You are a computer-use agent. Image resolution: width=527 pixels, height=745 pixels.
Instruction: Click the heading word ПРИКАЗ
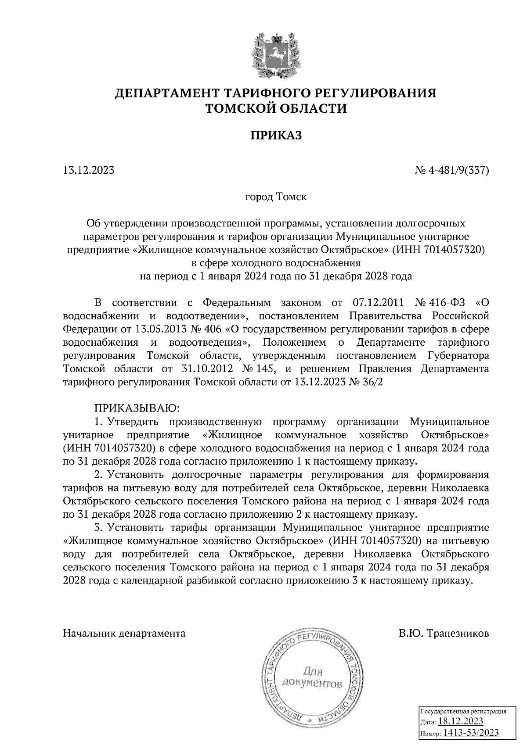click(276, 136)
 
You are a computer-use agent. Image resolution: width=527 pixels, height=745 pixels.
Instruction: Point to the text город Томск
click(276, 197)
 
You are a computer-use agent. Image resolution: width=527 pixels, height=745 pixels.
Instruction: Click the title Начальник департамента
click(124, 633)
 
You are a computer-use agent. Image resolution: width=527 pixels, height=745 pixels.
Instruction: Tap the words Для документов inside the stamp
click(312, 677)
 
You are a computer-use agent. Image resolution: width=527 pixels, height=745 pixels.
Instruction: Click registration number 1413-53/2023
click(471, 733)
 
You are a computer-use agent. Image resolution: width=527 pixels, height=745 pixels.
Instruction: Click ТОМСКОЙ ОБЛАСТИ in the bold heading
click(276, 108)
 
